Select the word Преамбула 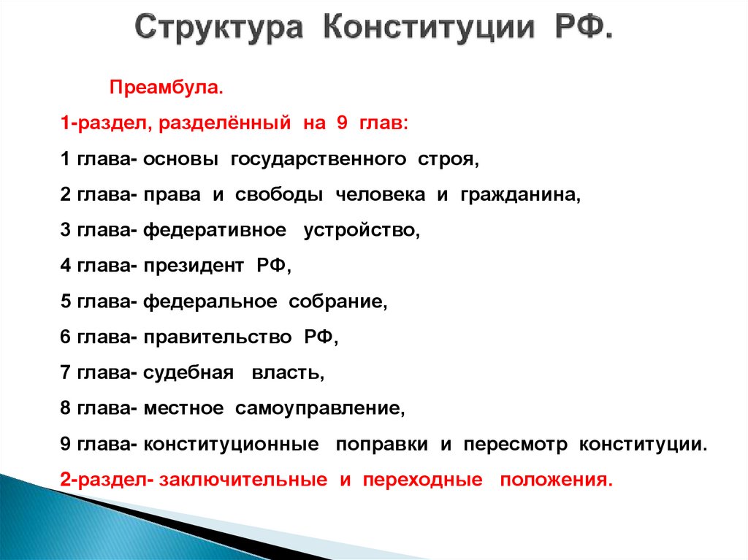165,88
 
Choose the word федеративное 215,231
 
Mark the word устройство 362,231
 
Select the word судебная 188,373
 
